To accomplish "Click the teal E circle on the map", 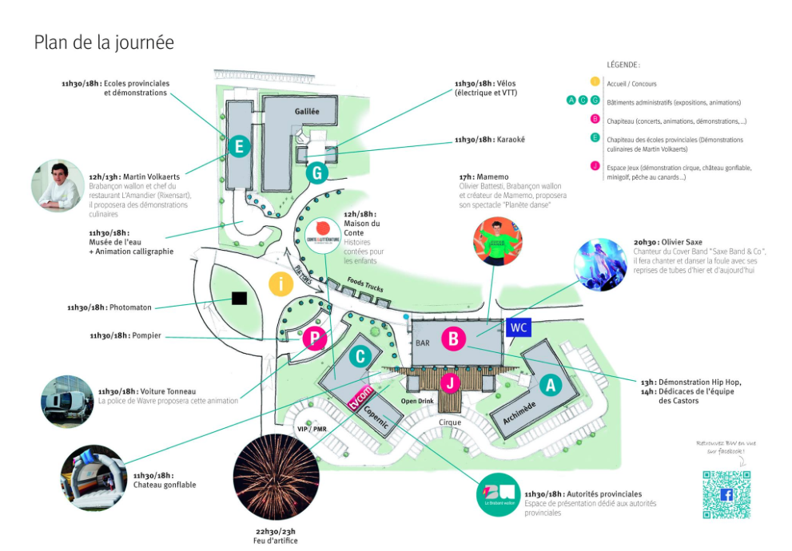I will [237, 146].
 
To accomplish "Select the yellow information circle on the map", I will [281, 283].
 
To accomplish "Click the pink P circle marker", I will [315, 338].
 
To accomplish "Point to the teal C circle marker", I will [360, 355].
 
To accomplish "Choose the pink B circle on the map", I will [453, 339].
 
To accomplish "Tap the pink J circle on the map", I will [451, 383].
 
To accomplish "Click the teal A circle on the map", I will [548, 386].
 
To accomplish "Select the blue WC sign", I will [518, 327].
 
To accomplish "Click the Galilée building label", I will [306, 112].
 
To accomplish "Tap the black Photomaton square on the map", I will [238, 299].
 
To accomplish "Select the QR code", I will [726, 495].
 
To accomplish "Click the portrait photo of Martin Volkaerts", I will [58, 185].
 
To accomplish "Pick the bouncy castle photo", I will [92, 478].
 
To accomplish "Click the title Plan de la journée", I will [104, 42].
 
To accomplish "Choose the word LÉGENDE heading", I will [623, 65].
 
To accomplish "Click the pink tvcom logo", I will [362, 395].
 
